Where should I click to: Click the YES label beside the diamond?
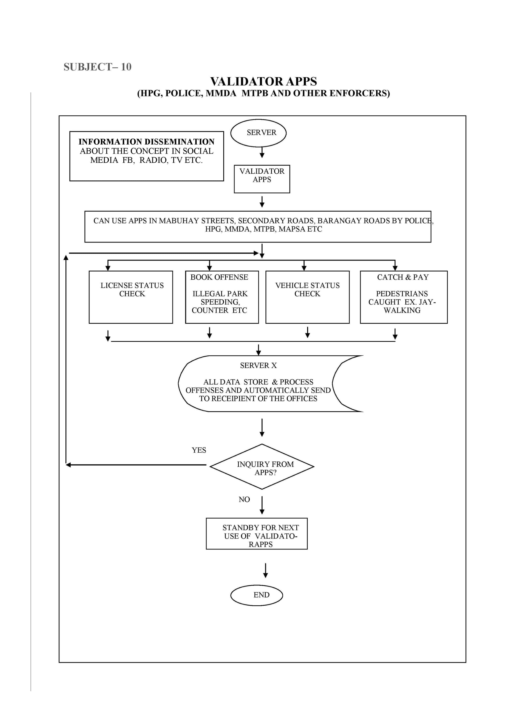[x=199, y=450]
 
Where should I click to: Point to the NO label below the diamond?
[x=244, y=499]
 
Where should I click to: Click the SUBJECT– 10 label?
[x=98, y=67]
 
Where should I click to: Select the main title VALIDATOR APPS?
[x=264, y=81]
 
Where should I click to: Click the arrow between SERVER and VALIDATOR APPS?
[x=262, y=152]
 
